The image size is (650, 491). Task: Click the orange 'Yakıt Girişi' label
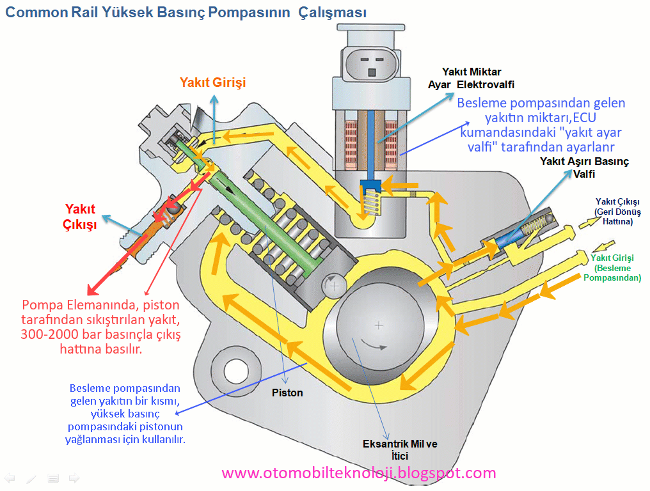[x=212, y=82]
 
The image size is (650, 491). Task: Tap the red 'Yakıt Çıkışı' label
[x=80, y=216]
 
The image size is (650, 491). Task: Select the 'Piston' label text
[x=287, y=393]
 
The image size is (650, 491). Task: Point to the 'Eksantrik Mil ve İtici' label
[x=400, y=450]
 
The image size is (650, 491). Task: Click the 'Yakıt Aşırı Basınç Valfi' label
[x=584, y=168]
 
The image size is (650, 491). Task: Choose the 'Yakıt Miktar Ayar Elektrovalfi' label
[x=472, y=78]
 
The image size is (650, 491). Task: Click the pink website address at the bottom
[x=359, y=472]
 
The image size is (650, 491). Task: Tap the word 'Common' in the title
[x=36, y=12]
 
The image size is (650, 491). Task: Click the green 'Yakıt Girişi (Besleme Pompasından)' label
[x=612, y=268]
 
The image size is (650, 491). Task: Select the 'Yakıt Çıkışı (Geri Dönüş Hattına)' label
[x=617, y=212]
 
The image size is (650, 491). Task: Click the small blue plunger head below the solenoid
[x=370, y=185]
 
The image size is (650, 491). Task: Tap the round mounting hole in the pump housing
[x=236, y=371]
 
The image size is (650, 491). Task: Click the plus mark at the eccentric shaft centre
[x=379, y=325]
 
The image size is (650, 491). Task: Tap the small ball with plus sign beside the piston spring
[x=334, y=286]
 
